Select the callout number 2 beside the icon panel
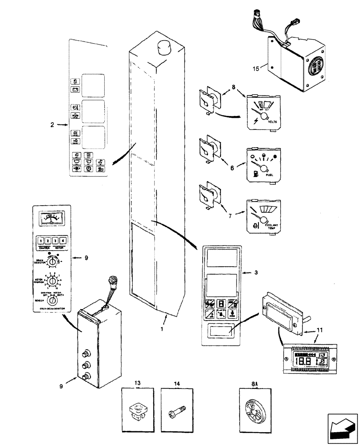point(53,126)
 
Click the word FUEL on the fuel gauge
point(270,175)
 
